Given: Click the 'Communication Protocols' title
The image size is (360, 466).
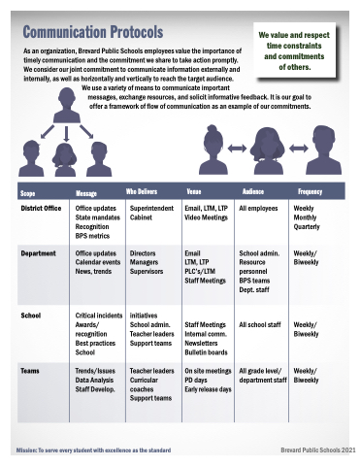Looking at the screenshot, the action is pyautogui.click(x=93, y=32).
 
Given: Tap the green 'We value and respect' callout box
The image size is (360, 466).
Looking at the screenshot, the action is pyautogui.click(x=294, y=50).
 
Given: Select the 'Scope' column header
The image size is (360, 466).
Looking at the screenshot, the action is pyautogui.click(x=27, y=193).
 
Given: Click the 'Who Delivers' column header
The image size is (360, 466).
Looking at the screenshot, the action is pyautogui.click(x=142, y=191).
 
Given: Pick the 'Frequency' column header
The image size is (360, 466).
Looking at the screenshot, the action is pyautogui.click(x=310, y=192).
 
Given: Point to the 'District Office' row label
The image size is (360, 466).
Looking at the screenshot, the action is pyautogui.click(x=41, y=208).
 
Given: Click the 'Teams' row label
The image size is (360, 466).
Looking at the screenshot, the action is pyautogui.click(x=30, y=371).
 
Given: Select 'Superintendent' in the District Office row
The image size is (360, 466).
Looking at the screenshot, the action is pyautogui.click(x=151, y=208).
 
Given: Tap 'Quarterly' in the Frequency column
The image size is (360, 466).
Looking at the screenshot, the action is pyautogui.click(x=307, y=226).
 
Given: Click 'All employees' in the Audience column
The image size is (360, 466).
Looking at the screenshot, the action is pyautogui.click(x=258, y=208).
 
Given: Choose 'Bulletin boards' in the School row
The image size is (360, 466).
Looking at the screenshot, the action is pyautogui.click(x=206, y=352).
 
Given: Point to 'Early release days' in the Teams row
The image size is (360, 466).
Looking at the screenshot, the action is pyautogui.click(x=208, y=389).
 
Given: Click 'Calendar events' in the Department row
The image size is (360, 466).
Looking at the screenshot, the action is pyautogui.click(x=98, y=262).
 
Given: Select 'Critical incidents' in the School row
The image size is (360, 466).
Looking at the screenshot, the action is pyautogui.click(x=99, y=316).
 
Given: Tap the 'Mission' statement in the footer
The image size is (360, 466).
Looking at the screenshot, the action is pyautogui.click(x=93, y=450).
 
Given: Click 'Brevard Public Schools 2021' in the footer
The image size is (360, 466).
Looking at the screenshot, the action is pyautogui.click(x=318, y=450).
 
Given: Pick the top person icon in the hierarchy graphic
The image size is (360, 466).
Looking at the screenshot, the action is pyautogui.click(x=67, y=106).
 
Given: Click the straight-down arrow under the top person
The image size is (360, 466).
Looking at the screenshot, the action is pyautogui.click(x=66, y=134).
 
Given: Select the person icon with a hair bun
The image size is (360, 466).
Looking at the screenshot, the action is pyautogui.click(x=212, y=150).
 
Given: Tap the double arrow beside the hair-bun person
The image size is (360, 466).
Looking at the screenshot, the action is pyautogui.click(x=237, y=149).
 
